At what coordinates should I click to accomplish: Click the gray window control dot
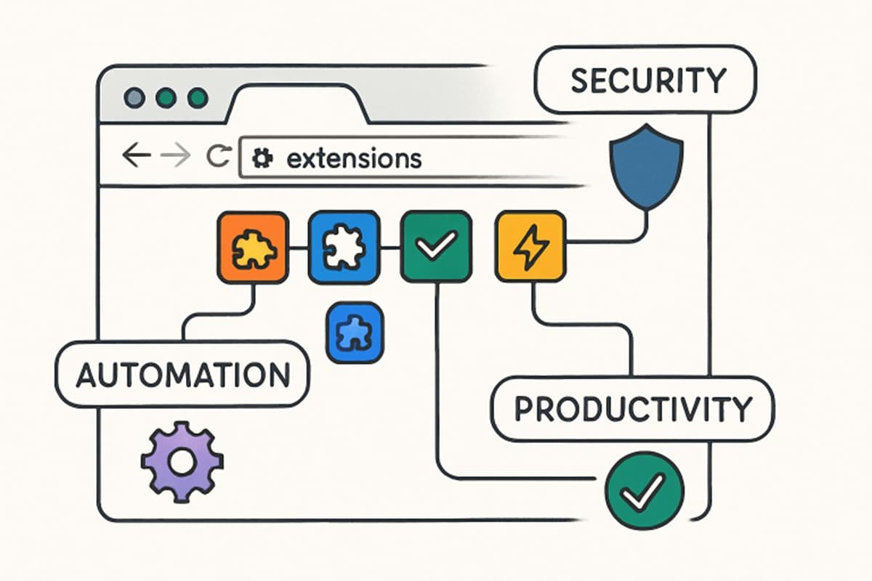pos(134,97)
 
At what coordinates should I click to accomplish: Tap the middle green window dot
pos(166,97)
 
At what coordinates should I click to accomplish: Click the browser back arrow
pos(136,157)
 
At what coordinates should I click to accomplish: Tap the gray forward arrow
pos(174,157)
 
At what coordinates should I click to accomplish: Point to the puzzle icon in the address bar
pos(260,158)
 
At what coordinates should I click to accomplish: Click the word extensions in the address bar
pos(354,158)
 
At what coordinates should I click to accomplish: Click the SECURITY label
pos(647,80)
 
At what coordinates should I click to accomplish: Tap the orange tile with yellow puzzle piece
pos(251,248)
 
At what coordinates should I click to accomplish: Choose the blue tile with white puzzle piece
pos(344,248)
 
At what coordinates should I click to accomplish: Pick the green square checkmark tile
pos(436,248)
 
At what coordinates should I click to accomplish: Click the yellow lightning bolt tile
pos(529,248)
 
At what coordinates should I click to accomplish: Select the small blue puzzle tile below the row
pos(355,333)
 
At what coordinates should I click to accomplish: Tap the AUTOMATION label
pos(182,375)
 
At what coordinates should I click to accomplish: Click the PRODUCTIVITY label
pos(632,410)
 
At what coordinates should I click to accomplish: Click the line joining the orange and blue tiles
pos(297,248)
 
